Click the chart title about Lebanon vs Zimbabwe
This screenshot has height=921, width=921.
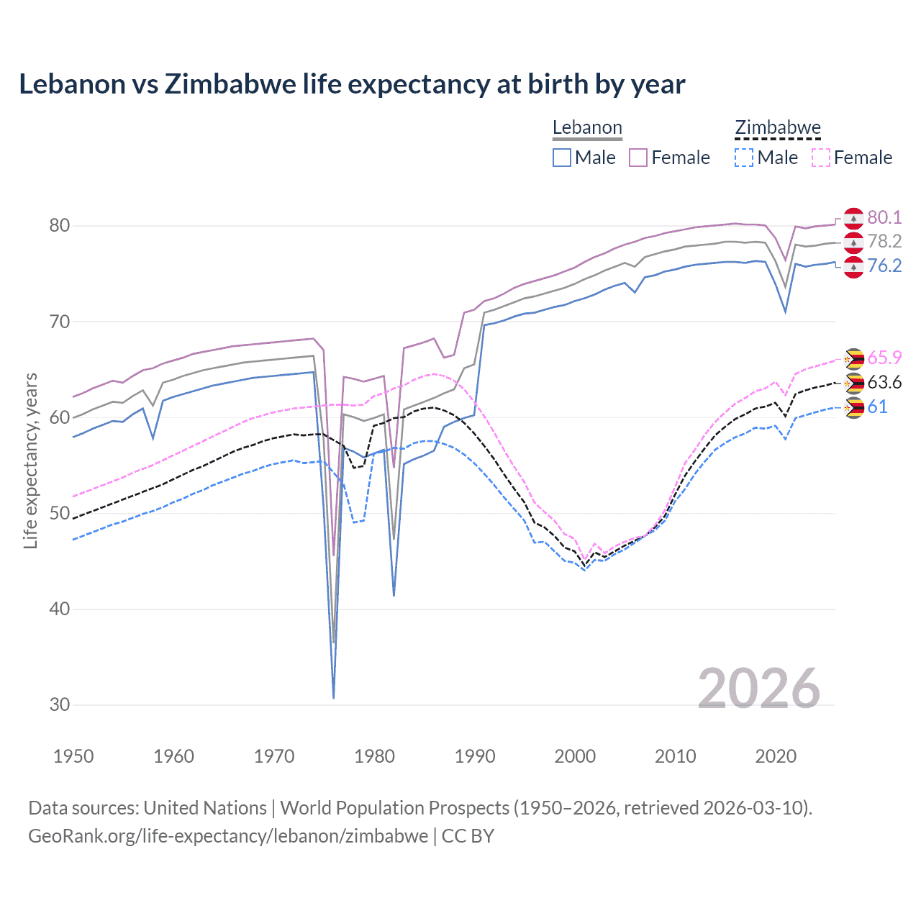point(352,84)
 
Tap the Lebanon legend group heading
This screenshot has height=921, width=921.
point(587,128)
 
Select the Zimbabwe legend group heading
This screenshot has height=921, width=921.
point(778,128)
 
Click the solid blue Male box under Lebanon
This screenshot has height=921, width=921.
point(562,158)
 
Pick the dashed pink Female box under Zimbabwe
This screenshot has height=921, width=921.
point(821,158)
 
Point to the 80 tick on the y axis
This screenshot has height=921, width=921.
point(59,226)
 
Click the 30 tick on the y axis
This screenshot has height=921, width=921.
point(59,705)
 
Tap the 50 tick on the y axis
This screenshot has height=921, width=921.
point(59,514)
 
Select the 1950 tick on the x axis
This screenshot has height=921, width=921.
point(73,756)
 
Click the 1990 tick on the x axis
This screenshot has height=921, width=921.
point(475,756)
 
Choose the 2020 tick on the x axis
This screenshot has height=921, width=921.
point(776,756)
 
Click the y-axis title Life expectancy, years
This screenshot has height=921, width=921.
point(30,460)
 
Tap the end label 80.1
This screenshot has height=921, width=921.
point(884,217)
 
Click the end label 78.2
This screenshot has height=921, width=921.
point(884,241)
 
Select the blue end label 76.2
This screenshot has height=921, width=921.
point(884,266)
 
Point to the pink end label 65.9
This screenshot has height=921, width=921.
point(884,358)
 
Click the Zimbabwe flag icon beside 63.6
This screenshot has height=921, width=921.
point(853,383)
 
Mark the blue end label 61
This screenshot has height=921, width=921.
point(877,407)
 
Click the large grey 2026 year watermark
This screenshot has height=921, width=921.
point(758,689)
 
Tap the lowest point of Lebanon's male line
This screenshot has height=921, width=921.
point(334,697)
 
